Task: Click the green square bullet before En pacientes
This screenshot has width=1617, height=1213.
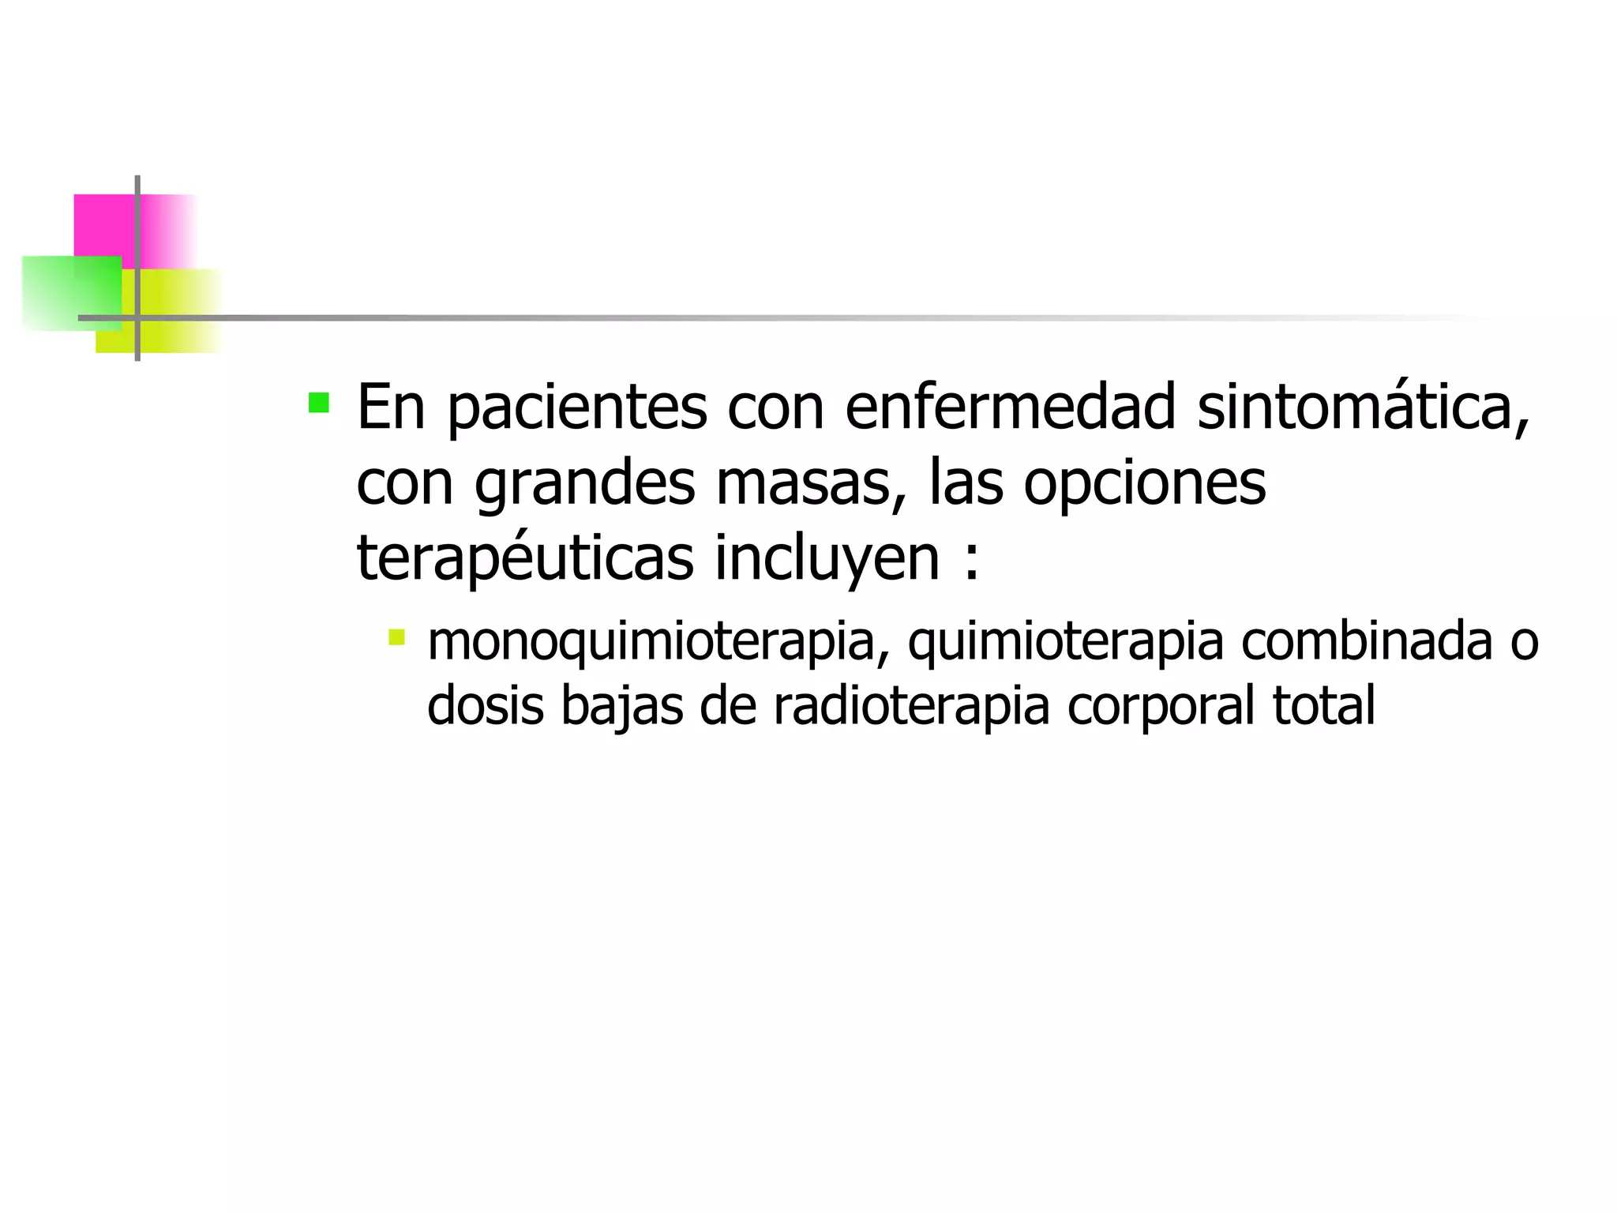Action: pos(319,403)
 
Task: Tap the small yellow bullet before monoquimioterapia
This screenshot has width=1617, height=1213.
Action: pos(396,637)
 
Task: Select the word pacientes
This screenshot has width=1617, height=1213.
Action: pos(577,407)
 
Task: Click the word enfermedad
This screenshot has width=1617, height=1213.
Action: pos(1011,407)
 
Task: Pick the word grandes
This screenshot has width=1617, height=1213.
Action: pos(584,483)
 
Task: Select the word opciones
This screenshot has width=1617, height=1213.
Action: pos(1145,483)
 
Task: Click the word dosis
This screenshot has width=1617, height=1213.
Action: pos(485,705)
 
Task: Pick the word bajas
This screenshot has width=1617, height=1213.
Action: pos(621,705)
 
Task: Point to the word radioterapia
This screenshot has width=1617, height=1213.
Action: pos(911,705)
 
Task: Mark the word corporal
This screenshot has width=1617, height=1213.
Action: pos(1161,705)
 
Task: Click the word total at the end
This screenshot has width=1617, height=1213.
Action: pos(1324,705)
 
